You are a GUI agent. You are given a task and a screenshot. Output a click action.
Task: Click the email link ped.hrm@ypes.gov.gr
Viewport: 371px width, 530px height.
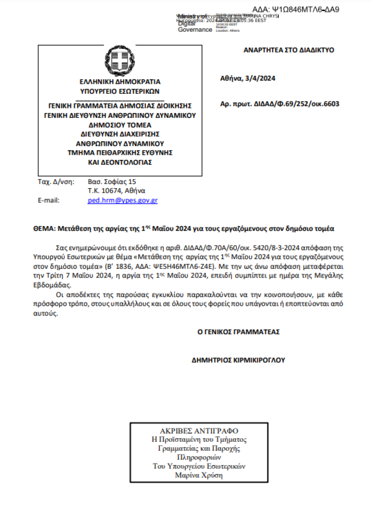pyautogui.click(x=122, y=200)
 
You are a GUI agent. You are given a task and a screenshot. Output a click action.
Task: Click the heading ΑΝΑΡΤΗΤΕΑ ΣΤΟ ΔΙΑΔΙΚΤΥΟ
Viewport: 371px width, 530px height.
pyautogui.click(x=289, y=50)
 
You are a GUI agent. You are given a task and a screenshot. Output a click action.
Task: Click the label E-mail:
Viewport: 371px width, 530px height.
pyautogui.click(x=49, y=200)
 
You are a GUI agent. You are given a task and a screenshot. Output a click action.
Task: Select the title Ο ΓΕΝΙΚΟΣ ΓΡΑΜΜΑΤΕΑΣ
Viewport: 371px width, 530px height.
pyautogui.click(x=239, y=332)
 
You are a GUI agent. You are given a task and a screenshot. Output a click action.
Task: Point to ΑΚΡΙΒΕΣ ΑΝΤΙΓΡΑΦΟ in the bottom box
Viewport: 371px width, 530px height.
pyautogui.click(x=199, y=431)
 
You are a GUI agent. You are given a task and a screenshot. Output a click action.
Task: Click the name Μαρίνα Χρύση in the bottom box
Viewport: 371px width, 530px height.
pyautogui.click(x=199, y=475)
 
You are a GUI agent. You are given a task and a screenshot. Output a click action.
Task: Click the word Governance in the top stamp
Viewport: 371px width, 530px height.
pyautogui.click(x=195, y=30)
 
